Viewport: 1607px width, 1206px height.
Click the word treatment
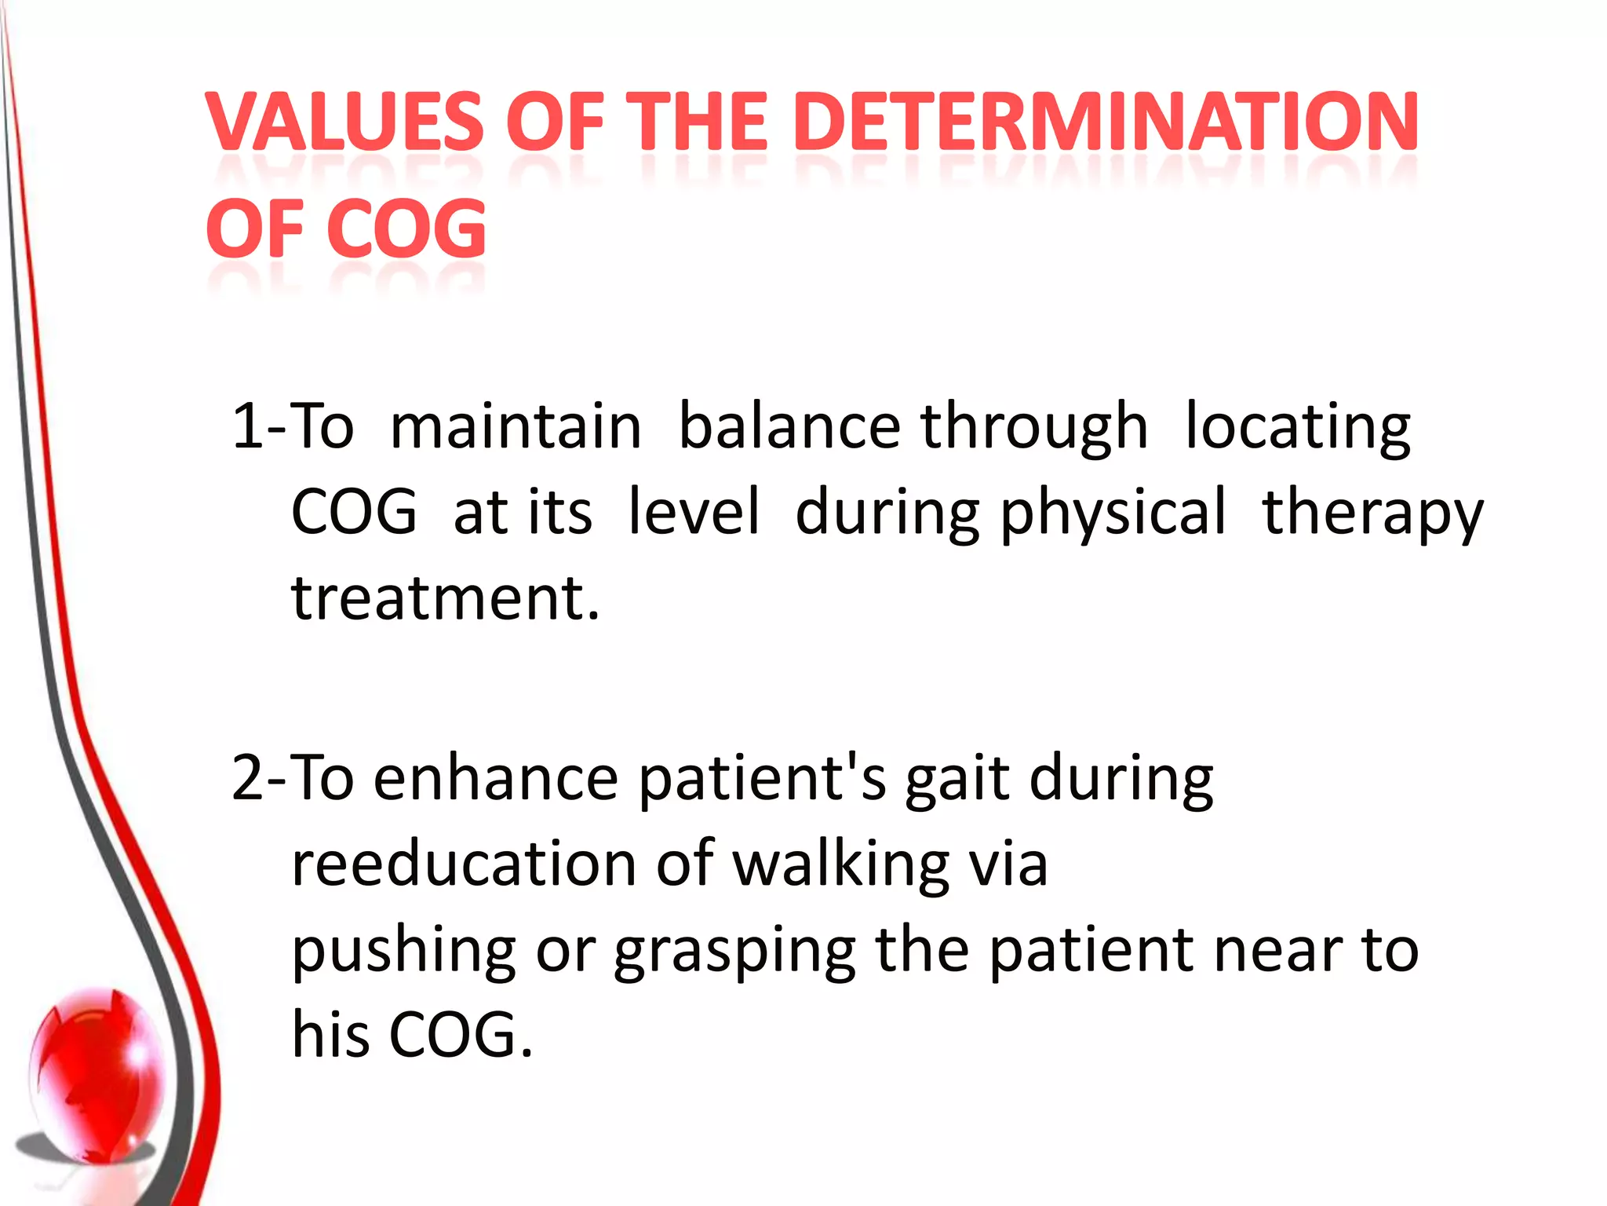tap(445, 598)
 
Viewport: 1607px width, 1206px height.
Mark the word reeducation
tap(464, 864)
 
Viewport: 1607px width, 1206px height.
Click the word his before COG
tap(330, 1034)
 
